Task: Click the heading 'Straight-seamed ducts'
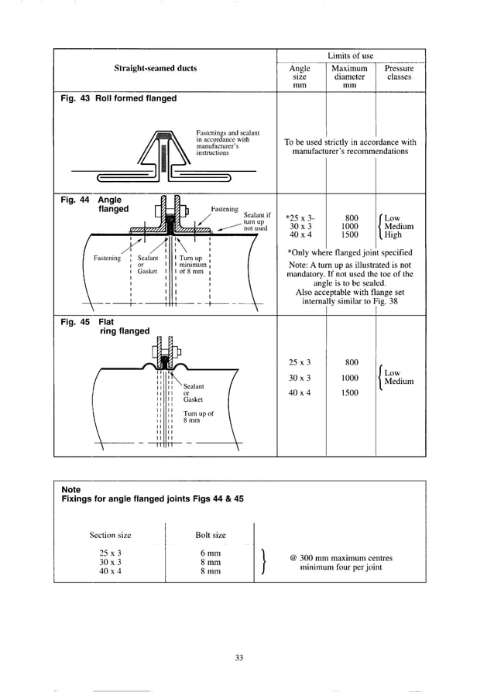(x=156, y=68)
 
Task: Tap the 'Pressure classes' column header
(x=399, y=73)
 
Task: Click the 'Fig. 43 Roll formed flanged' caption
(x=118, y=98)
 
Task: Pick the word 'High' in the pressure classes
(x=393, y=235)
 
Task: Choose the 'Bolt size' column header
(x=210, y=535)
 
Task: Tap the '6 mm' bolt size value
(x=210, y=553)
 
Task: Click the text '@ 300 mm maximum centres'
(x=341, y=558)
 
